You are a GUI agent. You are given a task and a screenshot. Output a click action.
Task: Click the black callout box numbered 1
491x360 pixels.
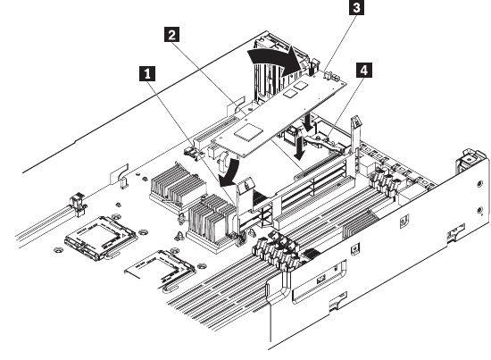click(x=147, y=73)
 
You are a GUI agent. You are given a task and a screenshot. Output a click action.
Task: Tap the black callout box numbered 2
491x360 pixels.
click(x=172, y=34)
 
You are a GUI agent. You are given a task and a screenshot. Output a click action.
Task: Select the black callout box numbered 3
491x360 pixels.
click(x=357, y=7)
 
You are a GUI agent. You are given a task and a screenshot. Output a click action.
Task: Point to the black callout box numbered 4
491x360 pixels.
click(x=364, y=70)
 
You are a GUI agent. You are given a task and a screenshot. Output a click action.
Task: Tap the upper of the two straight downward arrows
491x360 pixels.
click(x=310, y=122)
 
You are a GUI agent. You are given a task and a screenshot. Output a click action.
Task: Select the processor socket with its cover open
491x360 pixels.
click(x=162, y=270)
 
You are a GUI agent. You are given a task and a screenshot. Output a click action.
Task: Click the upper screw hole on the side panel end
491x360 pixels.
click(x=479, y=184)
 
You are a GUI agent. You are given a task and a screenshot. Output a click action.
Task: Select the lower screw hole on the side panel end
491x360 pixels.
click(x=479, y=210)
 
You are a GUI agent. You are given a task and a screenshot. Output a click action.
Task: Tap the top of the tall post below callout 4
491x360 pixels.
click(x=356, y=121)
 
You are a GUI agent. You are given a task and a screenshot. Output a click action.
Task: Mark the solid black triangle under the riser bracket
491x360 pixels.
click(x=259, y=197)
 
